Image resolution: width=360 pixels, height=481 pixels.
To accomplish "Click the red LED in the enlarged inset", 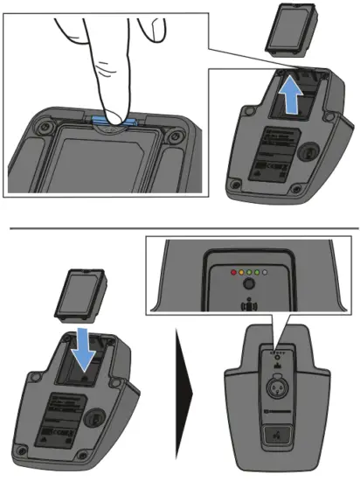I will [x=232, y=273].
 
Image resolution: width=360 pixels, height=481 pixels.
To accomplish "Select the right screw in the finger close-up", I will [x=179, y=136].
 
